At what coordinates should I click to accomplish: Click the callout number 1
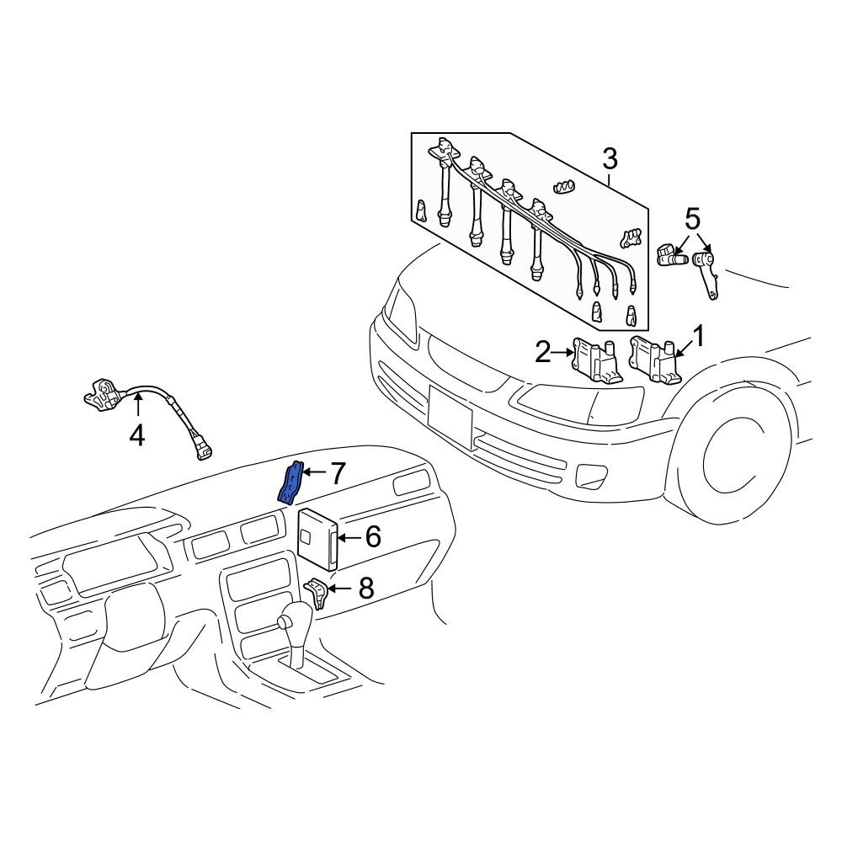pos(699,336)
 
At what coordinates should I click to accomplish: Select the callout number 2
pos(543,352)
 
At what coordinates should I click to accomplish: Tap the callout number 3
pos(610,158)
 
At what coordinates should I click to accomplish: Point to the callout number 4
pos(137,435)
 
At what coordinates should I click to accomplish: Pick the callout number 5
pos(693,219)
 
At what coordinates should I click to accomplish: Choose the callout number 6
pos(373,536)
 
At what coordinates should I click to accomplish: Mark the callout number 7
pos(336,473)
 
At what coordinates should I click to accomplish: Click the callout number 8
pos(366,588)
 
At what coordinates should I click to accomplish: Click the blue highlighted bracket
pos(290,482)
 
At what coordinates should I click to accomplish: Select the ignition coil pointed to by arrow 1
pos(655,359)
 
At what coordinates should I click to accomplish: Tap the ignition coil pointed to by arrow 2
pos(597,360)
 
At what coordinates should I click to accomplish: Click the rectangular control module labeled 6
pos(317,539)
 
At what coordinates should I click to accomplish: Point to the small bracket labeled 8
pos(317,594)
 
